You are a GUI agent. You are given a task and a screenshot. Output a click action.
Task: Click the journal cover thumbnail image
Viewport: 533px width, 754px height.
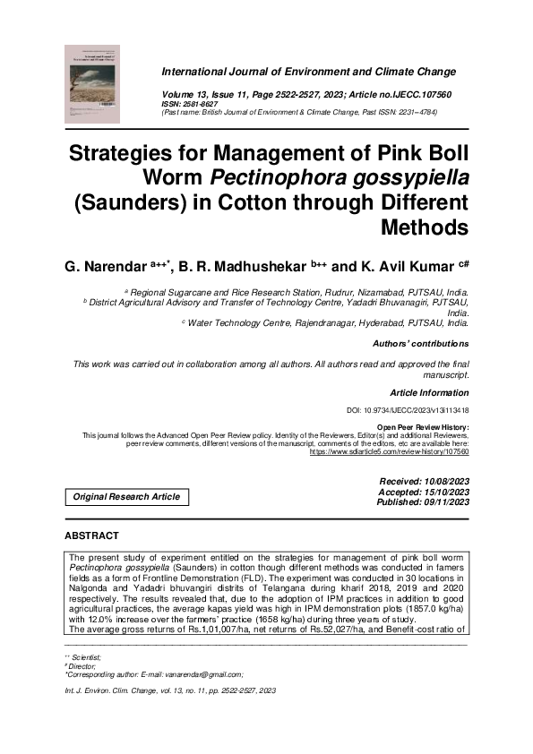click(x=94, y=84)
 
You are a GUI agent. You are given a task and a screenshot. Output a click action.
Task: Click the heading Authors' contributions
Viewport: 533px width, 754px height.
click(x=420, y=344)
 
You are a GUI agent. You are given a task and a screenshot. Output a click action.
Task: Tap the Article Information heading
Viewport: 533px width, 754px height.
click(x=429, y=394)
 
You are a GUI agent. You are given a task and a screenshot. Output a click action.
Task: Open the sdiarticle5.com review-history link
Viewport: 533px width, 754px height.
click(x=389, y=452)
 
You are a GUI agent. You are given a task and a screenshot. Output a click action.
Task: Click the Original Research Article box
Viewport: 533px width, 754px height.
click(x=126, y=496)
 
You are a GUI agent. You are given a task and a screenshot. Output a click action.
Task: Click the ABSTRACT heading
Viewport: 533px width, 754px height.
click(x=91, y=536)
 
